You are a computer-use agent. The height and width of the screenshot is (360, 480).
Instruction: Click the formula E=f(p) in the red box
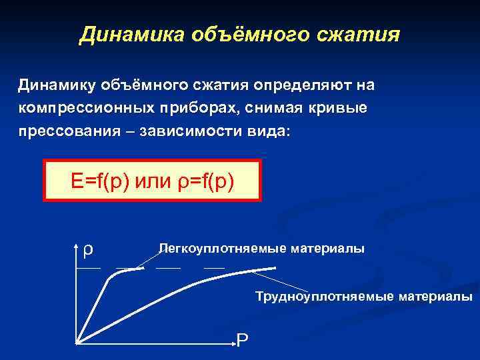pos(100,180)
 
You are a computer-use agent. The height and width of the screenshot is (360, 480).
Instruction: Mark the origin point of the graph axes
pos(77,343)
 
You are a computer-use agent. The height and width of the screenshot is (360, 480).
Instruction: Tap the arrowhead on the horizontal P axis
pos(233,343)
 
